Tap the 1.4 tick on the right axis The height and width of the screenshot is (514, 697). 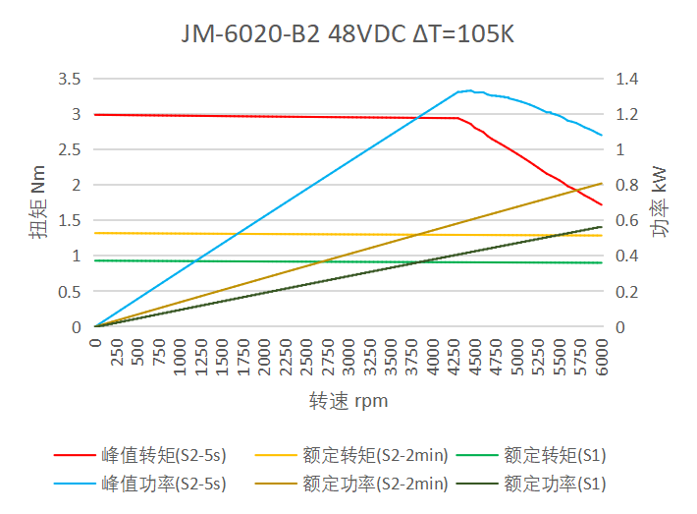[626, 79]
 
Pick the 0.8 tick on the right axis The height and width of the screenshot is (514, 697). [626, 185]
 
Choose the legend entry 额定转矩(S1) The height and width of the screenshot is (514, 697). [555, 455]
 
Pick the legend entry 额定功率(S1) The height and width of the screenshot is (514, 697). [555, 484]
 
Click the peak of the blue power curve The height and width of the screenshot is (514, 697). [468, 90]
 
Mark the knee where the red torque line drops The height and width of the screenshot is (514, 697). [458, 119]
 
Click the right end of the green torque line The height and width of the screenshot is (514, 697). [601, 262]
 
